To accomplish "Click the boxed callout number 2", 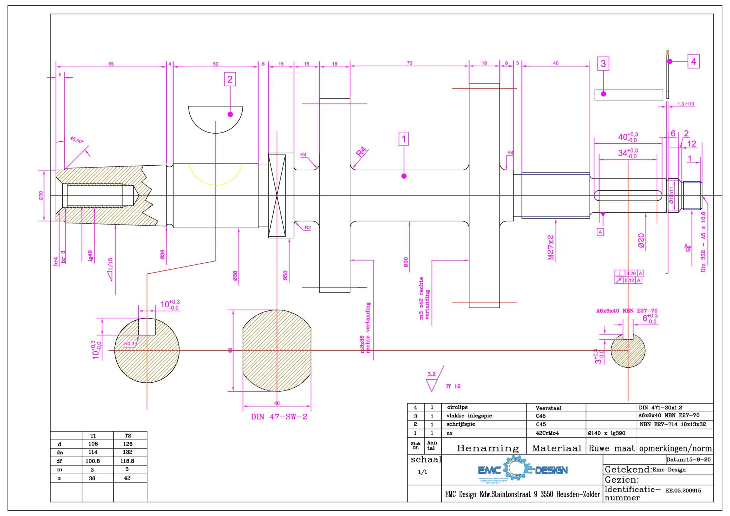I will pyautogui.click(x=230, y=79).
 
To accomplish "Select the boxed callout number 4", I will pyautogui.click(x=693, y=61).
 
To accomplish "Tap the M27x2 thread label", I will pyautogui.click(x=551, y=247).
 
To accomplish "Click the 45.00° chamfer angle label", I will pyautogui.click(x=77, y=139).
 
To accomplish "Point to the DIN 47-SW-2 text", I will pyautogui.click(x=279, y=417).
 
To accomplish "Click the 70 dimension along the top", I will pyautogui.click(x=410, y=63).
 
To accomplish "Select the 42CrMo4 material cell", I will pyautogui.click(x=547, y=433).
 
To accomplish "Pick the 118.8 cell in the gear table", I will pyautogui.click(x=127, y=461).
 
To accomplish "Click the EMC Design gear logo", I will pyautogui.click(x=523, y=470).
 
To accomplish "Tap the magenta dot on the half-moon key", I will pyautogui.click(x=230, y=114).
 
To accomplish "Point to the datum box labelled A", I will pyautogui.click(x=600, y=232).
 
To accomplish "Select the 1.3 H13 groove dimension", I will pyautogui.click(x=685, y=104).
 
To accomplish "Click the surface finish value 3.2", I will pyautogui.click(x=431, y=374).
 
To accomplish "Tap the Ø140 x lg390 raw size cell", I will pyautogui.click(x=606, y=433).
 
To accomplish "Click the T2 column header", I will pyautogui.click(x=128, y=435).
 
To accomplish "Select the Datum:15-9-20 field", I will pyautogui.click(x=688, y=459).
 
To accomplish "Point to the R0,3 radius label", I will pyautogui.click(x=130, y=344).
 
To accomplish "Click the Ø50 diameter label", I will pyautogui.click(x=285, y=275).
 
